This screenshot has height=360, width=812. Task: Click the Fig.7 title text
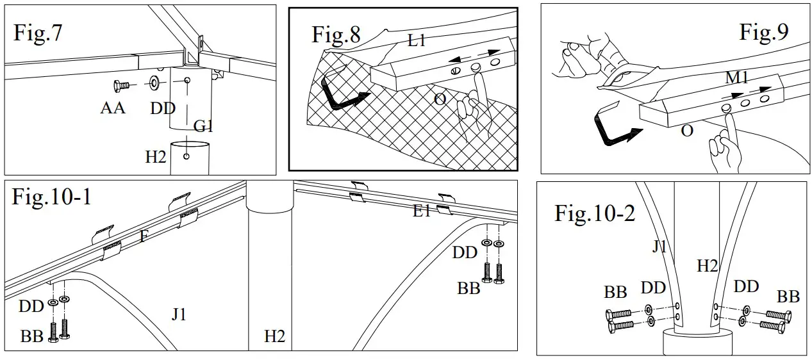click(38, 33)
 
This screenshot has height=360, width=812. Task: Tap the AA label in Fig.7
click(113, 108)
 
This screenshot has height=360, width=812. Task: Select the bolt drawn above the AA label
click(120, 84)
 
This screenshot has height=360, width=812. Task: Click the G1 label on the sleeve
click(203, 127)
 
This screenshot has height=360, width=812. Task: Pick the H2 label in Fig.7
click(156, 156)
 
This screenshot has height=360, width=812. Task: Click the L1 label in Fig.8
click(418, 42)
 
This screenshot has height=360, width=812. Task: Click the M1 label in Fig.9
click(738, 78)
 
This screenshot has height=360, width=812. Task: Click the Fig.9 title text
click(764, 31)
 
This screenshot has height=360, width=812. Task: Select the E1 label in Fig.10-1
click(422, 211)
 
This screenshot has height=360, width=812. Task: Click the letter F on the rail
click(144, 237)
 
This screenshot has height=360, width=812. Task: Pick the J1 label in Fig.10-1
click(179, 314)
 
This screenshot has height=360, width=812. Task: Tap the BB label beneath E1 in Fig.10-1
click(468, 288)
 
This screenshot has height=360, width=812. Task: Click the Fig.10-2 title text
click(595, 213)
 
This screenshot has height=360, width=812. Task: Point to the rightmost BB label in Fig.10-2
click(788, 297)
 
